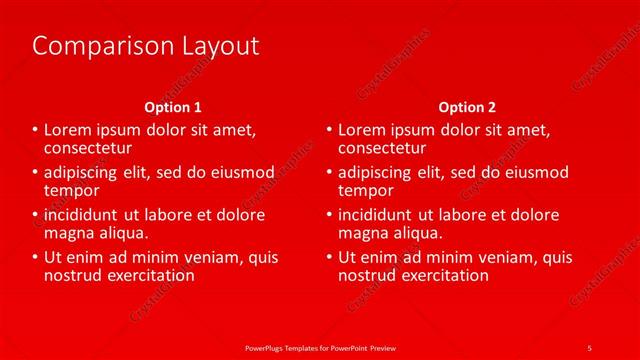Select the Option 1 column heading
(173, 107)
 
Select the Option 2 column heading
(467, 107)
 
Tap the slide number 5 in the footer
(589, 347)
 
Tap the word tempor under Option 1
(71, 189)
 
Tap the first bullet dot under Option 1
(35, 130)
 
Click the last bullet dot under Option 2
(329, 258)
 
